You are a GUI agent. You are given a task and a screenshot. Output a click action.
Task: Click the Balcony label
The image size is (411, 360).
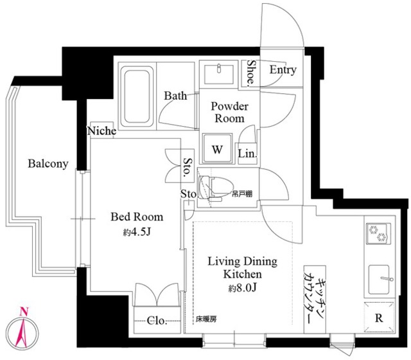point(48,164)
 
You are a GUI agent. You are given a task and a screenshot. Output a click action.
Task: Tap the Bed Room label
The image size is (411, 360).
point(137,217)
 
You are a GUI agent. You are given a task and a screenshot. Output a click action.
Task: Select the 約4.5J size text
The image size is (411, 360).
point(137,232)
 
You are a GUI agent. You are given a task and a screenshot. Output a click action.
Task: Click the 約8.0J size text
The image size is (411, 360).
point(242,288)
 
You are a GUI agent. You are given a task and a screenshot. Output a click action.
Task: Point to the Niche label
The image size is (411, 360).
point(101,130)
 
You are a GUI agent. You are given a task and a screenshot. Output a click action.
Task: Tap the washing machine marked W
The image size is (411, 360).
point(217,148)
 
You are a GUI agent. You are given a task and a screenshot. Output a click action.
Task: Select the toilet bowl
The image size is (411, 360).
point(216,187)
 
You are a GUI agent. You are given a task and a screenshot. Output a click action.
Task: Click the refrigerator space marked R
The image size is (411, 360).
point(380,317)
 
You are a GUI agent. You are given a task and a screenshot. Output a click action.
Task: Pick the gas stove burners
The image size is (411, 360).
point(378,233)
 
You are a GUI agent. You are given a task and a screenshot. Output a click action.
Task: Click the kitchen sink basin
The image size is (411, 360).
point(379,280)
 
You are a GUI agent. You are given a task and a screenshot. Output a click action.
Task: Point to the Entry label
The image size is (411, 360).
point(283,70)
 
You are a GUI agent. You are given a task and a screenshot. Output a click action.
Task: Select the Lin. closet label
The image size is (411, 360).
point(247,154)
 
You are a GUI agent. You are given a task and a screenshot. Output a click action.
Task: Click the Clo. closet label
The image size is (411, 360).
point(157,320)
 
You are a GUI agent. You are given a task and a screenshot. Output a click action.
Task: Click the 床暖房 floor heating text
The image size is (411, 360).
point(206,319)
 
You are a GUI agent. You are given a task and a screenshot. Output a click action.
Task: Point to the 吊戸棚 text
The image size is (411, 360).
point(241,194)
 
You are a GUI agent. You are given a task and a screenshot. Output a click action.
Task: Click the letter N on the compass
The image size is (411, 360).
point(24,312)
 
